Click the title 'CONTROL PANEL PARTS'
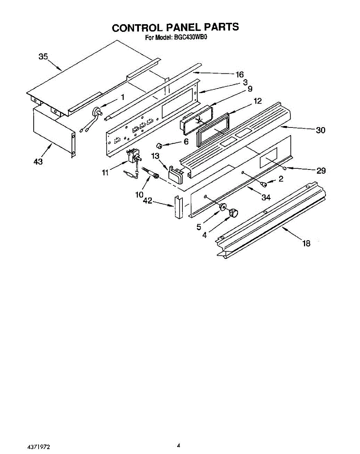175,28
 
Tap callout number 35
44,57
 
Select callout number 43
37,162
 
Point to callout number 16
239,74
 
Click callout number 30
321,130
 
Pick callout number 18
306,243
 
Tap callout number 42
148,201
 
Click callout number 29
321,171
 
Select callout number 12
257,101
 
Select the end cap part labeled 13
176,173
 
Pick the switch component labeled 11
132,156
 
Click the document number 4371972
39,447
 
